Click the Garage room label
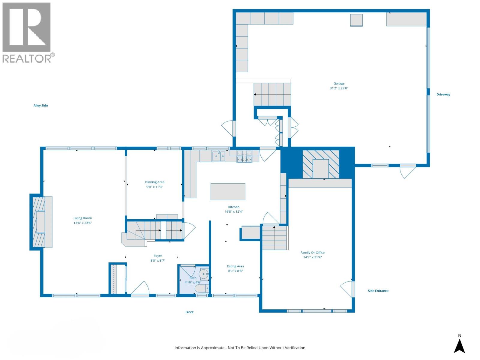(x=339, y=84)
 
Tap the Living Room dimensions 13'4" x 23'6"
(x=82, y=223)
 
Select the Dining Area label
(x=154, y=182)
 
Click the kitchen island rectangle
(x=228, y=192)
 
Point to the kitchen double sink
(x=219, y=156)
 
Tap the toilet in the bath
(x=202, y=289)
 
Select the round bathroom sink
(x=204, y=274)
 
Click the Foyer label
(x=158, y=256)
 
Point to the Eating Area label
(x=235, y=266)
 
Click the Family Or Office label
(x=312, y=253)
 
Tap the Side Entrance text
(x=378, y=291)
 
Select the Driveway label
(x=443, y=94)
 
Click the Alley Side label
(x=40, y=106)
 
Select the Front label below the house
(x=189, y=312)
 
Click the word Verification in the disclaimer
(x=294, y=348)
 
